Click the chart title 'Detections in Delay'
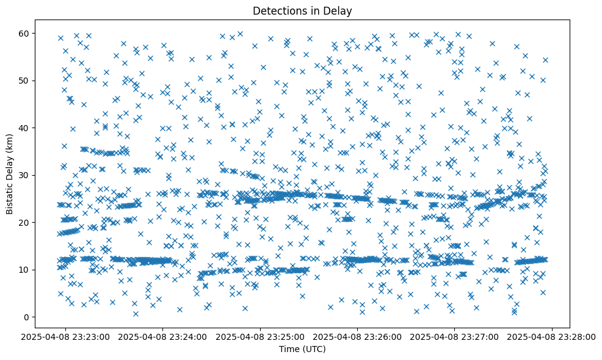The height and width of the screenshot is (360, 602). pos(302,11)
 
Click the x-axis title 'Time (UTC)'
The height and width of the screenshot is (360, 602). pos(302,350)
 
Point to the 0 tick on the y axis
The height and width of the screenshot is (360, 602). pos(26,317)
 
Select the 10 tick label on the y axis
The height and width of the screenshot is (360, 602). pos(24,270)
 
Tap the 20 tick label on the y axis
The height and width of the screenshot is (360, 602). pos(24,222)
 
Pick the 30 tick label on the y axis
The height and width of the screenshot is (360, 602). pos(24,175)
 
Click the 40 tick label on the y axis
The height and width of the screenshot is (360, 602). pos(24,128)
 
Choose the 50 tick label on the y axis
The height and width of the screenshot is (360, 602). pos(24,81)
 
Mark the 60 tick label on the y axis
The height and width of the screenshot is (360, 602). pos(24,33)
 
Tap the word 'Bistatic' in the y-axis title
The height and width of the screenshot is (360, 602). pos(10,198)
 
